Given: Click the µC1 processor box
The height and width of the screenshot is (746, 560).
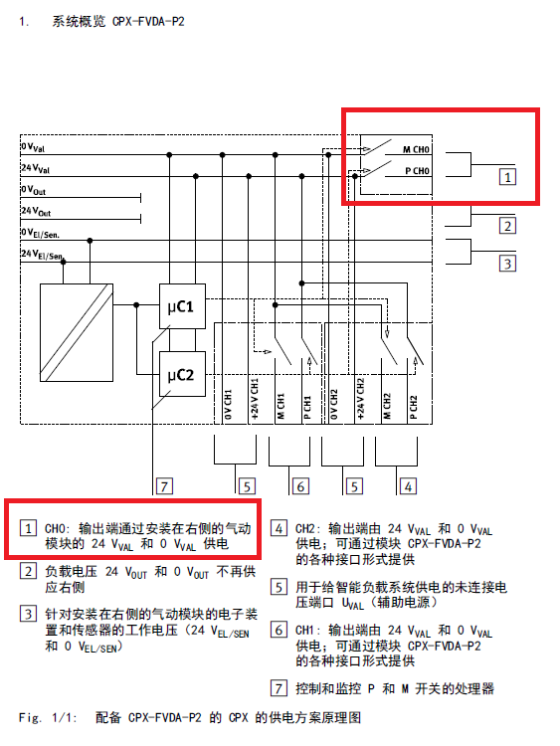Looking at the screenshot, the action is coord(182,306).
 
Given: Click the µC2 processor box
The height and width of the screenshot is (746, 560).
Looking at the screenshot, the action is coord(182,374).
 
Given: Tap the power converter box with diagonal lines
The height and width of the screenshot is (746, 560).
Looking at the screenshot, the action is coord(77,332).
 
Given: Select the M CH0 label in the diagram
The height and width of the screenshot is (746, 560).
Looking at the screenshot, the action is coord(416,150).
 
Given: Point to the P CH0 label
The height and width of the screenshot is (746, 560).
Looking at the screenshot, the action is coord(417,171).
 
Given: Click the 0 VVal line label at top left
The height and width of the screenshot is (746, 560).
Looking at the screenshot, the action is coord(33,147).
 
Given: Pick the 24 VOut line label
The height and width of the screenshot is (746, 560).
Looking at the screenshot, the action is coord(36,211).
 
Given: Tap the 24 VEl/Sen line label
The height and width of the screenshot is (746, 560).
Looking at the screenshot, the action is coord(42,254).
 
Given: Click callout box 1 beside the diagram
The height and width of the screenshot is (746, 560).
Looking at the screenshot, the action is coord(507,177).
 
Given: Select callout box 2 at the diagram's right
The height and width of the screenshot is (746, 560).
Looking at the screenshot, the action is coord(507,226).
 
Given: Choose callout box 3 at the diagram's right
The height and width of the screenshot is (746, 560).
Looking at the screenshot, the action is coord(507,264).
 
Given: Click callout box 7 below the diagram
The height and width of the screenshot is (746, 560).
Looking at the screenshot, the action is coord(165,486).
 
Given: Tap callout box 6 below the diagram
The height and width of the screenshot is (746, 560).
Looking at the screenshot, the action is coord(300,486).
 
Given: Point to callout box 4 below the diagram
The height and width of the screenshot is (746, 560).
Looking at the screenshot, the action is coord(408,486).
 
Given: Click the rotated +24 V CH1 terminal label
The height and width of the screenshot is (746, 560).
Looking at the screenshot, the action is coord(254,399).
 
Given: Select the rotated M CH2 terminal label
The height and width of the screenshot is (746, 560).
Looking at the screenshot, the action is coord(387,406).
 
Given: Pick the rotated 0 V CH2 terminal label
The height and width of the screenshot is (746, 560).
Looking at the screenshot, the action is coord(333,405).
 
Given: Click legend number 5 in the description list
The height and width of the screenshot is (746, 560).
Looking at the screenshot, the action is coord(279,587).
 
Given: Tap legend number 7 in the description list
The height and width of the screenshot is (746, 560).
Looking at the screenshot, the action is coord(279,688).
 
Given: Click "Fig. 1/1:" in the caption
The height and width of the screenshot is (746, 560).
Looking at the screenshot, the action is coord(47,717).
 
